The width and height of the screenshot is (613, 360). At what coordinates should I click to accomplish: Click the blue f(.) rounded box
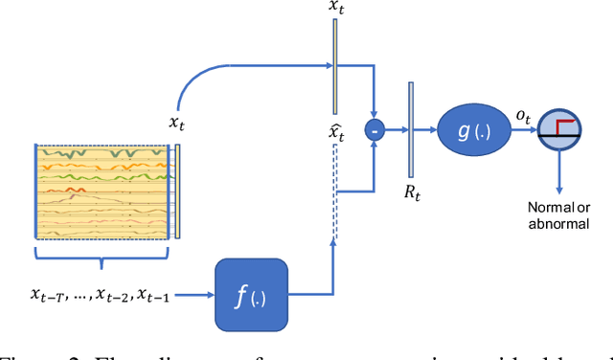click(x=252, y=294)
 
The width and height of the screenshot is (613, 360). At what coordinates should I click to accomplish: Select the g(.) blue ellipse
click(x=476, y=130)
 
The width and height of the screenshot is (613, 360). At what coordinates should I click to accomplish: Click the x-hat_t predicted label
click(x=336, y=129)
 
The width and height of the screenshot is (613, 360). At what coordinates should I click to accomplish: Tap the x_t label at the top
click(x=336, y=7)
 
